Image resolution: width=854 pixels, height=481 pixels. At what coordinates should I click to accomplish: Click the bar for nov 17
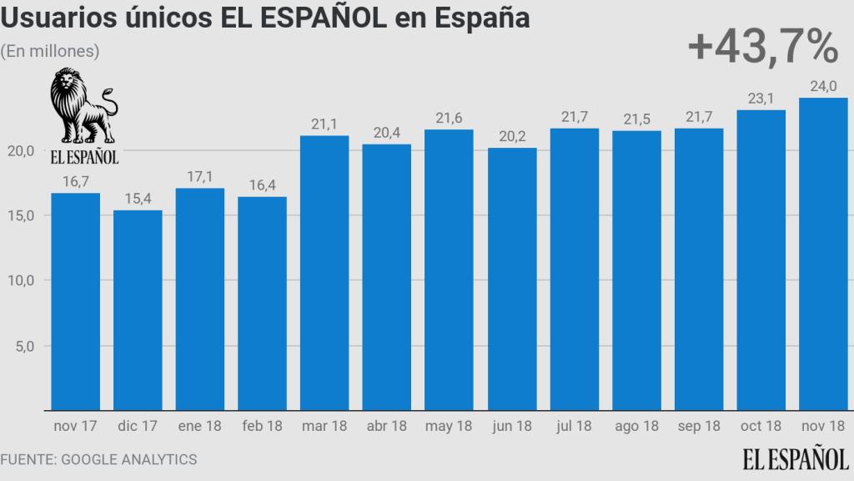(75, 301)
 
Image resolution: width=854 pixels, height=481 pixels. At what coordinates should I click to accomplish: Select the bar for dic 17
(138, 310)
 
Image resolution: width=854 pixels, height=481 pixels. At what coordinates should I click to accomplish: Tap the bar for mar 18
(324, 272)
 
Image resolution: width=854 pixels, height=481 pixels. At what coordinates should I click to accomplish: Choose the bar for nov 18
(823, 254)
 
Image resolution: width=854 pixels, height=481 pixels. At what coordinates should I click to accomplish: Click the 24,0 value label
(823, 85)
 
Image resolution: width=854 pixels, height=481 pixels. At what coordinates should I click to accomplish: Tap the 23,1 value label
(761, 97)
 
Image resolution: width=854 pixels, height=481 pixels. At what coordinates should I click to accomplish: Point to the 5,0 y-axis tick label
(23, 346)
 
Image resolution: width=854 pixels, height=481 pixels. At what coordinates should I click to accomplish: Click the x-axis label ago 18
(636, 426)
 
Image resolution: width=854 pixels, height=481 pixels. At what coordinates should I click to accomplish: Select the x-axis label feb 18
(262, 426)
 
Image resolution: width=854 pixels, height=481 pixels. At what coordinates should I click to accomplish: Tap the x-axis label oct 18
(761, 426)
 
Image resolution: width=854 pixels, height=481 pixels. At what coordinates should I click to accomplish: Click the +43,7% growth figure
(762, 48)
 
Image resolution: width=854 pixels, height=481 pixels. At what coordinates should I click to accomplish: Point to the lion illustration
(83, 107)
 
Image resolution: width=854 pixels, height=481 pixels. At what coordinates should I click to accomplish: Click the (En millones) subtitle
(51, 51)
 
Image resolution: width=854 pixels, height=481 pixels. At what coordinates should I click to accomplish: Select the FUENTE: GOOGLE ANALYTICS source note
(98, 459)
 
